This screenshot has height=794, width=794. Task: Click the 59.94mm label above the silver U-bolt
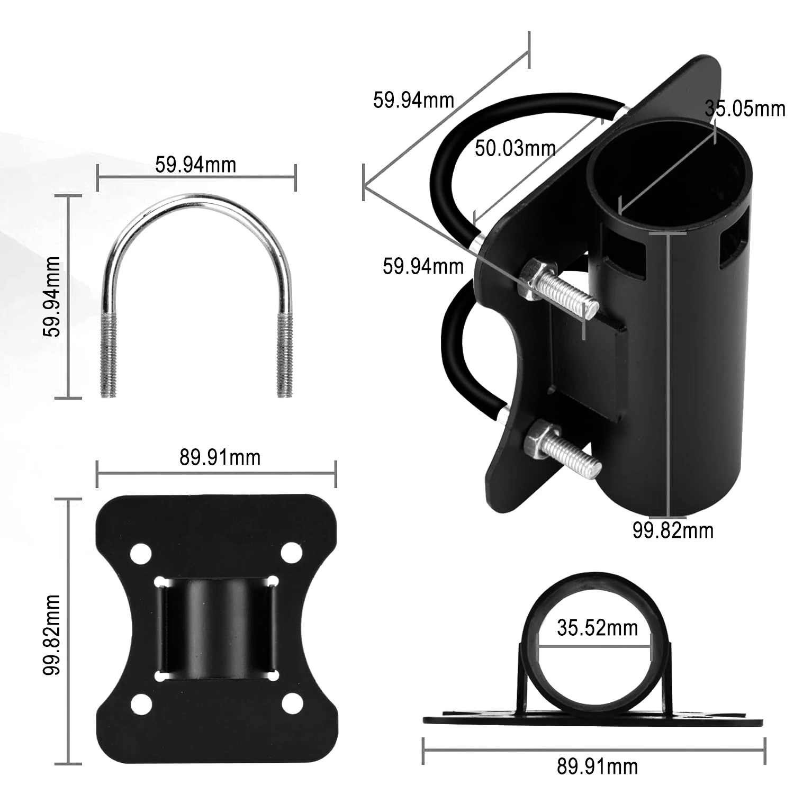coord(195,165)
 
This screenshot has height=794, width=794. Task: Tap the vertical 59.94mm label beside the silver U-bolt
coord(52,296)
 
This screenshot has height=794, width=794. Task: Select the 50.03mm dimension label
coord(515,148)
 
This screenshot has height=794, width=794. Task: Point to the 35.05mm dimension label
coord(745,109)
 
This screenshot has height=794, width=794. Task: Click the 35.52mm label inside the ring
coord(598,628)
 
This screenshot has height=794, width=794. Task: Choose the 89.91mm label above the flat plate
coord(220,457)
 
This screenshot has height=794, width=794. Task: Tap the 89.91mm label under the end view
coord(598,766)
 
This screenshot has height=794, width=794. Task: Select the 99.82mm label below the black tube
coord(673,530)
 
